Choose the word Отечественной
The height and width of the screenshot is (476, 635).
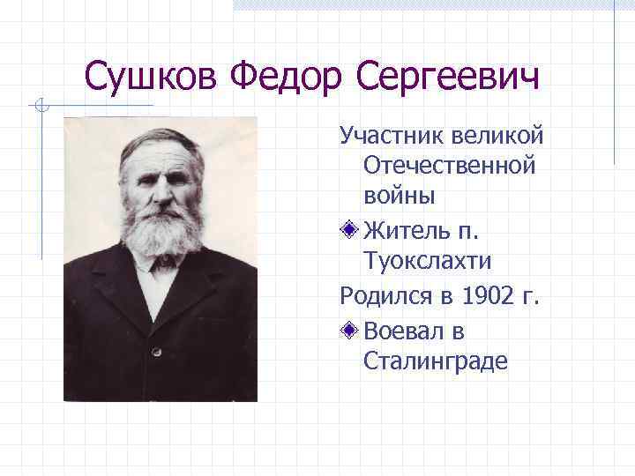point(449,166)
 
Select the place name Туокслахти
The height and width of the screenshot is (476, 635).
point(427,261)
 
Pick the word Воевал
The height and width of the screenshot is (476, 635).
point(407,331)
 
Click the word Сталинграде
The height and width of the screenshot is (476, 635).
point(436,361)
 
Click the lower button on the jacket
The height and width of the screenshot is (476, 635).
point(155,351)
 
